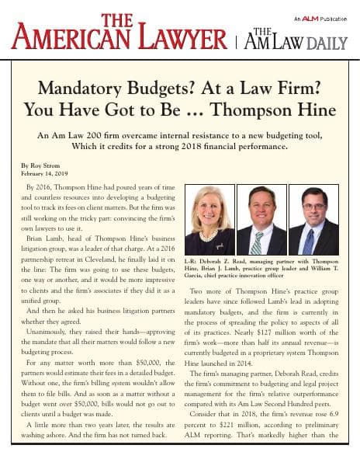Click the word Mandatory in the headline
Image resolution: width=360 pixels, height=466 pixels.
coord(81,89)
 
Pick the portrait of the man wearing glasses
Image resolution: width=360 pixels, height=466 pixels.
coord(313,221)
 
